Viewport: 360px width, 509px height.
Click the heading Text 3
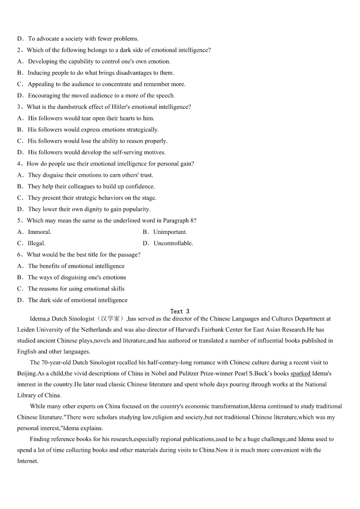pyautogui.click(x=180, y=311)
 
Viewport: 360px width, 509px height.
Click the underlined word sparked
pyautogui.click(x=300, y=373)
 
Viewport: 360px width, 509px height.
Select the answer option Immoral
pyautogui.click(x=39, y=232)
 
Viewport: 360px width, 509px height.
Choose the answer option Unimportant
pyautogui.click(x=170, y=232)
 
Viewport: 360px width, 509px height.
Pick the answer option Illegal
pyautogui.click(x=36, y=243)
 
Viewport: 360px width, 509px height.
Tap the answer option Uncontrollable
pyautogui.click(x=173, y=243)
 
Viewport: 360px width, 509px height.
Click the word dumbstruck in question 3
pyautogui.click(x=71, y=107)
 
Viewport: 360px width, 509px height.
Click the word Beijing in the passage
pyautogui.click(x=27, y=373)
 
